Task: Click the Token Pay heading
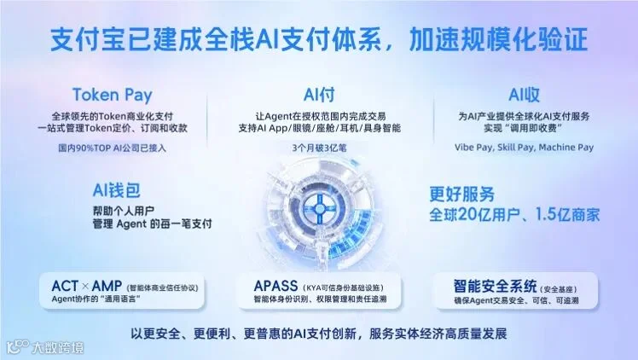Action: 113,96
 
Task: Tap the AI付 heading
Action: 319,96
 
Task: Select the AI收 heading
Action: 524,96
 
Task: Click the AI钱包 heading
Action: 116,190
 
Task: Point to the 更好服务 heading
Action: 461,195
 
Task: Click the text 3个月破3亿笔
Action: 319,148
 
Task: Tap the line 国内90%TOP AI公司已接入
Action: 113,148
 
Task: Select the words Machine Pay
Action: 566,148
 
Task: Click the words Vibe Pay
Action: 473,148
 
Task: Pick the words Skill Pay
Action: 515,148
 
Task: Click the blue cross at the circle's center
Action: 319,209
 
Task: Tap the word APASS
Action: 275,286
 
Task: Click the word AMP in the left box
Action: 107,286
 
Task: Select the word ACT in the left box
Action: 65,286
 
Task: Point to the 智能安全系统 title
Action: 496,287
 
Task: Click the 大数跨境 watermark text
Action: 58,348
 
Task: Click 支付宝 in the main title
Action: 89,39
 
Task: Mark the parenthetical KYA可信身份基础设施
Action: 343,288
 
